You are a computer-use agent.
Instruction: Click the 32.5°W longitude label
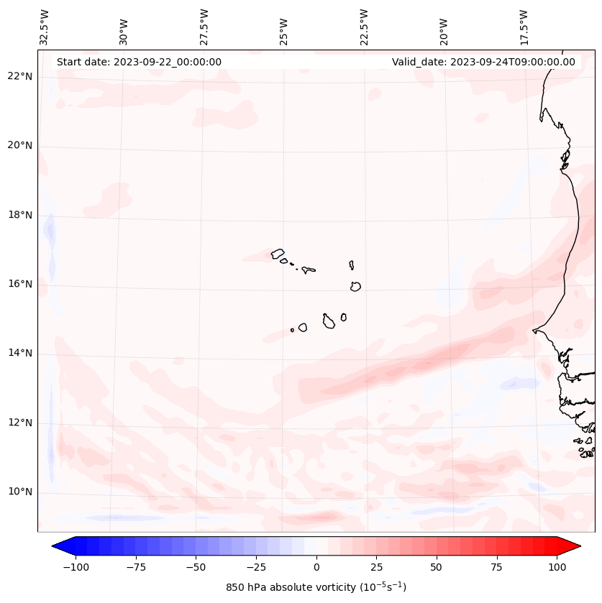coord(45,27)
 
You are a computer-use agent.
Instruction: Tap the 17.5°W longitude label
coord(524,27)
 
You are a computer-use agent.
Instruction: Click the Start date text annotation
coord(139,62)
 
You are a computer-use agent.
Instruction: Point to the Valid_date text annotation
coord(483,62)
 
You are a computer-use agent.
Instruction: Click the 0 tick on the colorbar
coord(316,567)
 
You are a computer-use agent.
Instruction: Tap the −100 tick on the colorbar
coord(73,567)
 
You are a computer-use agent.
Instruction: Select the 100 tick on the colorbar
coord(557,567)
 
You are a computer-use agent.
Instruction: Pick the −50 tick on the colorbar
coord(195,567)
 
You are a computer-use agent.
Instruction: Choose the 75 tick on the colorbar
coord(497,567)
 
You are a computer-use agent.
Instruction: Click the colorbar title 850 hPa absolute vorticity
coord(316,587)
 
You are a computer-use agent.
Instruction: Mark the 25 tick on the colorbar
coord(376,567)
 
